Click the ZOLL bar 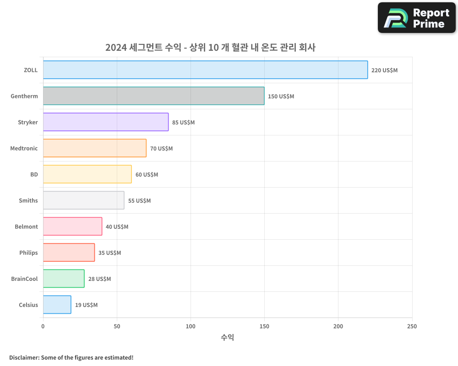coord(205,70)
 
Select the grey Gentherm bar coord(153,96)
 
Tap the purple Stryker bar coord(106,122)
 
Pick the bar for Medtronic coord(95,148)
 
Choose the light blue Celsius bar coord(57,305)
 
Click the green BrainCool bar coord(64,279)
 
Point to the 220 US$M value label coord(384,70)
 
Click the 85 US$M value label coord(183,123)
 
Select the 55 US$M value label coord(139,201)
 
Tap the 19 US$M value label coord(86,305)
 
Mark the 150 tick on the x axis coord(264,326)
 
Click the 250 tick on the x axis coord(412,326)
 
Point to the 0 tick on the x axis coord(43,326)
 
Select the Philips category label coord(28,253)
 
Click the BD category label coord(34,174)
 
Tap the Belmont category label coord(26,226)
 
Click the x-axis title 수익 coord(228,338)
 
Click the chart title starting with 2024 coord(210,47)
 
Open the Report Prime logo coord(416,18)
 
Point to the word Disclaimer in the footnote coord(23,357)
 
